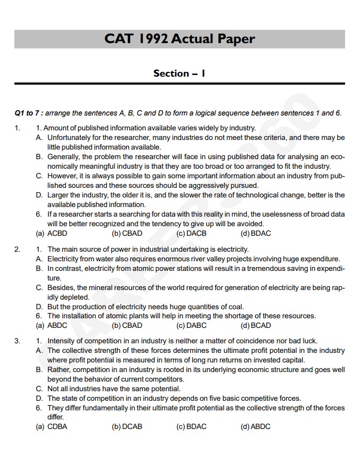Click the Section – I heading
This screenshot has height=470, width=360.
(x=179, y=73)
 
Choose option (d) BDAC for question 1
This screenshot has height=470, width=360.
(x=256, y=233)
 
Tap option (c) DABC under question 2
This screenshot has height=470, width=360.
(x=191, y=325)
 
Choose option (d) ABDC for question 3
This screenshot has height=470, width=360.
(x=256, y=426)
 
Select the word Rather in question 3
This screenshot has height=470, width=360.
(x=58, y=369)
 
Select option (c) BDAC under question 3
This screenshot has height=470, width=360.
(x=191, y=426)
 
